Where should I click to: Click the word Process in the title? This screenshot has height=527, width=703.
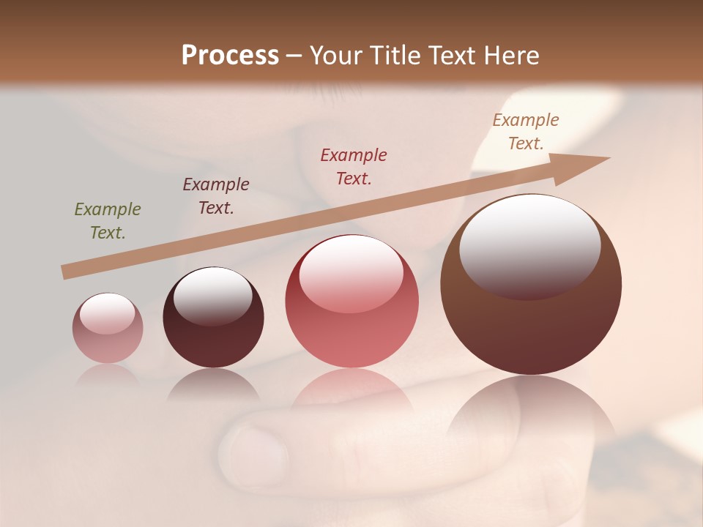coord(230,55)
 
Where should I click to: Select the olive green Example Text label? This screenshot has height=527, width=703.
coord(108,220)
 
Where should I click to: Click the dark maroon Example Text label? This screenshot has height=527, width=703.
coord(216,195)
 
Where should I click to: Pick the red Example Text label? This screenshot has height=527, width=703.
coord(354,166)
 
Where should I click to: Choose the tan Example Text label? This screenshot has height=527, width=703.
coord(526,132)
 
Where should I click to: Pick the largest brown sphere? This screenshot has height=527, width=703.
coord(531,329)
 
